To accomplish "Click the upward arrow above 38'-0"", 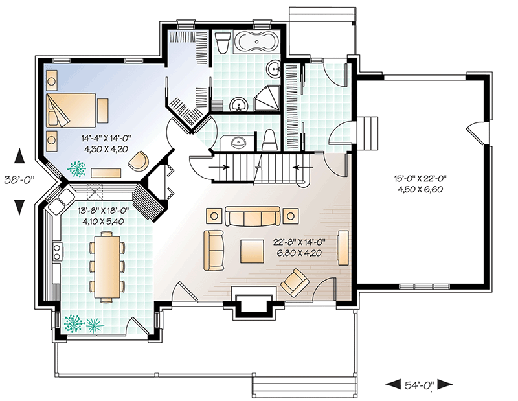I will point(20,156).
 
